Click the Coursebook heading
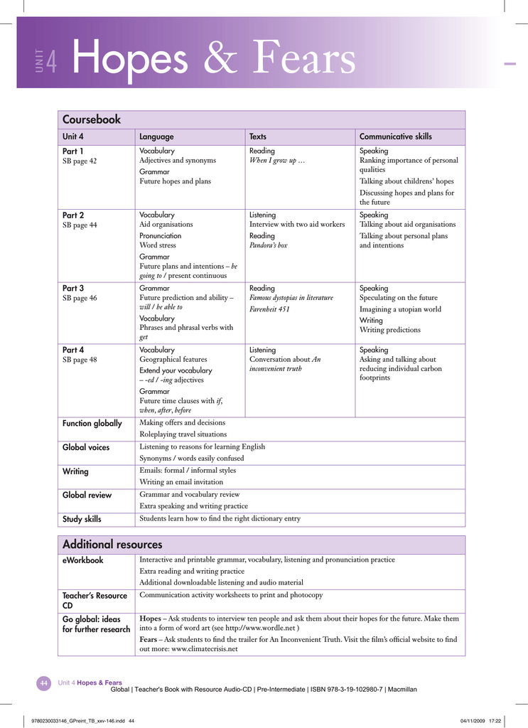click(92, 119)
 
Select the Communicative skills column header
click(395, 136)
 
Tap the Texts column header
click(258, 136)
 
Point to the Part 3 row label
click(73, 288)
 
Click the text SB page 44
click(80, 225)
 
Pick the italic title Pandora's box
click(268, 245)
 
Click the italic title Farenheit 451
click(269, 309)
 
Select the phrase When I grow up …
click(276, 161)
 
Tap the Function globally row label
click(92, 424)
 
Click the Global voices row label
click(86, 447)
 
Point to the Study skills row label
click(82, 519)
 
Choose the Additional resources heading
click(112, 545)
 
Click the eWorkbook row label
click(83, 560)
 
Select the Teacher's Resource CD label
click(95, 600)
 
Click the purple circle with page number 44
click(44, 683)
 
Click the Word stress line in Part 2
click(158, 245)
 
